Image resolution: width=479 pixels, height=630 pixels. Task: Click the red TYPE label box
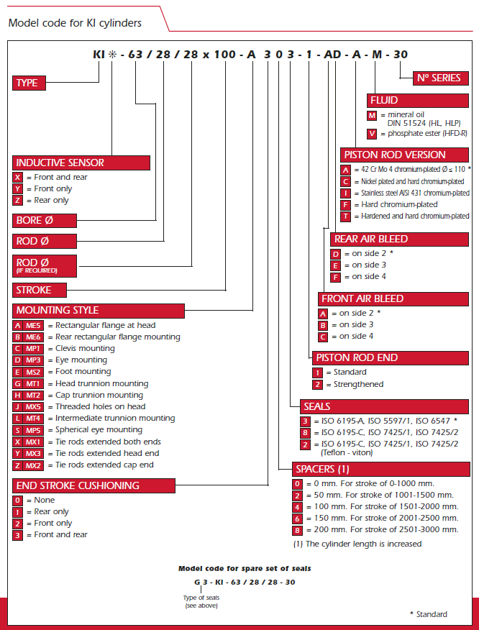click(x=27, y=83)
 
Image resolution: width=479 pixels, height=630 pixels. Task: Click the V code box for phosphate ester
click(x=372, y=133)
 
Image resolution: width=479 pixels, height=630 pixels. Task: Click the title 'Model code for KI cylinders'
click(x=75, y=23)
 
